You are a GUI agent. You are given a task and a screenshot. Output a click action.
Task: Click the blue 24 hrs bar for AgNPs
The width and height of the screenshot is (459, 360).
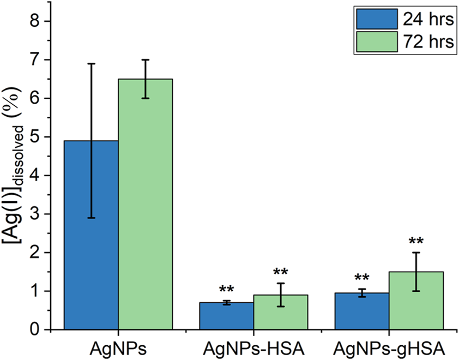coord(91,235)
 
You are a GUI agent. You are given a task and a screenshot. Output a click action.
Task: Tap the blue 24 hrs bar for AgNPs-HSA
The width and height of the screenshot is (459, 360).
coord(226,316)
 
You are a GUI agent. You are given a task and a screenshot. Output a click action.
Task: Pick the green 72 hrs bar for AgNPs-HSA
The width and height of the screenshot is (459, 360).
coord(281,312)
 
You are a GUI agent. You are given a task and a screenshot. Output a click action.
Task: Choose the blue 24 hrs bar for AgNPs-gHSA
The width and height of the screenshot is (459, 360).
coord(362,311)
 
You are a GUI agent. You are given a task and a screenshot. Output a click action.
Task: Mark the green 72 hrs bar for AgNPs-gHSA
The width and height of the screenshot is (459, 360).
coord(416,301)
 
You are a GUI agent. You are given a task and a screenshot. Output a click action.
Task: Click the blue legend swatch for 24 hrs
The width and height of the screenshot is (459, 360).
coord(377,20)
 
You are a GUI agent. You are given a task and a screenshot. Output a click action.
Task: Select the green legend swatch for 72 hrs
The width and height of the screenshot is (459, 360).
coord(377,41)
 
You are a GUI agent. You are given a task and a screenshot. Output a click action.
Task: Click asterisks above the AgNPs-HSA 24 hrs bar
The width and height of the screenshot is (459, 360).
coord(226,290)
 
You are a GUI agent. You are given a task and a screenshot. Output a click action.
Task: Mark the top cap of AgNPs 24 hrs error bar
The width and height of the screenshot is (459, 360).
coord(91,63)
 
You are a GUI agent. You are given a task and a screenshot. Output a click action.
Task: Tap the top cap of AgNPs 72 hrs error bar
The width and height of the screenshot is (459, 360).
coord(146,60)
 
